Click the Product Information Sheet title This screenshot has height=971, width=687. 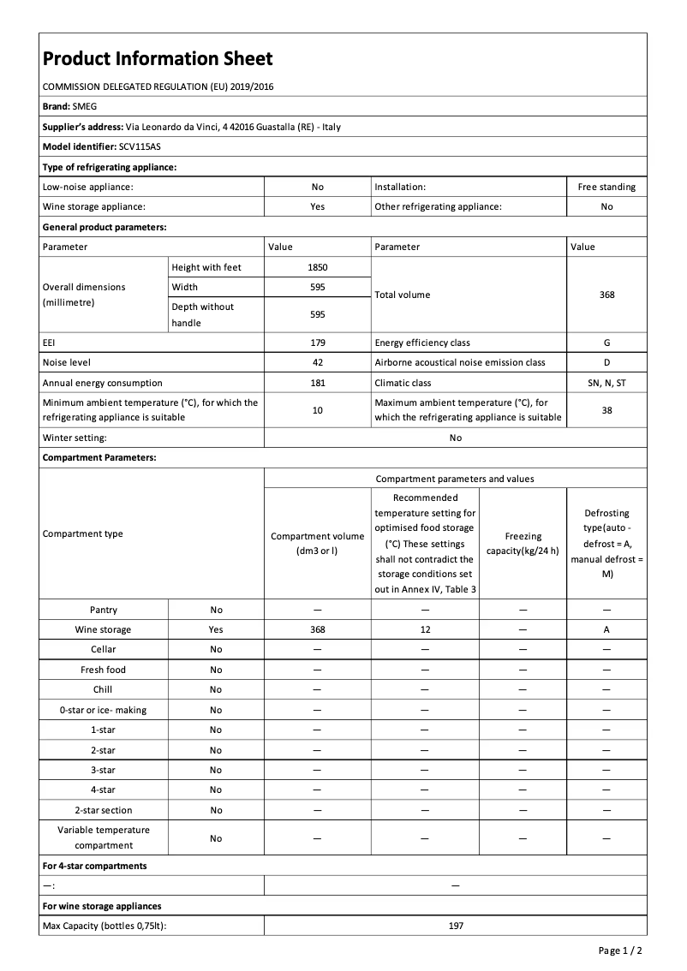158,59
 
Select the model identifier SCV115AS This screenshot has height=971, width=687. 140,146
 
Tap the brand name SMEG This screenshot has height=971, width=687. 85,106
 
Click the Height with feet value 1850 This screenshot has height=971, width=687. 317,267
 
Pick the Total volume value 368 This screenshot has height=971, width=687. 606,295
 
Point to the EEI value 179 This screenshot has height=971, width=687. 317,343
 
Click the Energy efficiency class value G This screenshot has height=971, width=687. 606,343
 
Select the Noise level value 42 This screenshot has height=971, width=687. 317,362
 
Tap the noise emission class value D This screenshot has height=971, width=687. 606,362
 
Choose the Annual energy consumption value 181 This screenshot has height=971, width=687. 317,383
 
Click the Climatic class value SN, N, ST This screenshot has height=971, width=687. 606,383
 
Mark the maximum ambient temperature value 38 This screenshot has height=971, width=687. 606,410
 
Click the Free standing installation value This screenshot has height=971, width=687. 606,187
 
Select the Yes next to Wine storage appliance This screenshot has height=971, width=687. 317,206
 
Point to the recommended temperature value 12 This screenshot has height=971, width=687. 425,629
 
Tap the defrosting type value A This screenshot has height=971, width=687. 606,629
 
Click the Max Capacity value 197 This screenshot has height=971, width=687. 455,926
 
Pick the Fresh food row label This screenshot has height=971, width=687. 103,670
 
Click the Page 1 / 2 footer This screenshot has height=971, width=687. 619,950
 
